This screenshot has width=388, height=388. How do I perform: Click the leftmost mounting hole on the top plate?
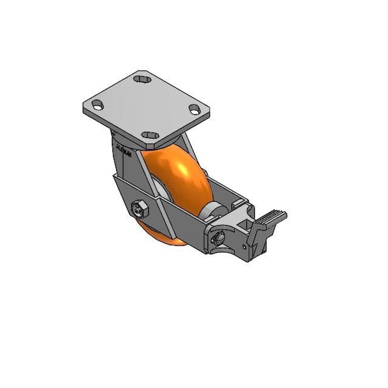(97, 104)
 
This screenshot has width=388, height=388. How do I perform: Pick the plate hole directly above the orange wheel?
(153, 135)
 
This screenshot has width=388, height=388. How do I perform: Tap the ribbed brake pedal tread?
(274, 214)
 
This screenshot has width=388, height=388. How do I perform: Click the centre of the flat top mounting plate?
(146, 107)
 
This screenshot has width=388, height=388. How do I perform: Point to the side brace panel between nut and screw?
(178, 220)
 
